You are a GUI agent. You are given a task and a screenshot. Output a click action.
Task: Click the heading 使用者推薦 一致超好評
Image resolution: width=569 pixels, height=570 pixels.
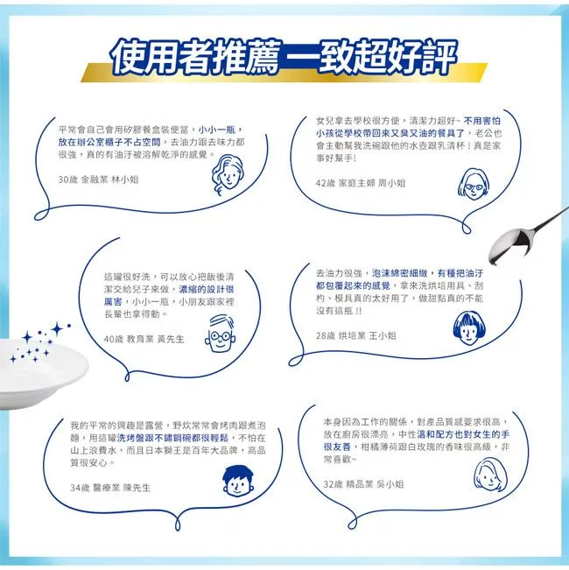(284, 57)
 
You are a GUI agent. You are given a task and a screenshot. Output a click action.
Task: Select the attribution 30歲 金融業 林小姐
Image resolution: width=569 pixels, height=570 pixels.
(98, 179)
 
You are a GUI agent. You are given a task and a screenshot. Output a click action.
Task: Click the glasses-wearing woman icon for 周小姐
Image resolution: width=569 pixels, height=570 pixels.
(473, 184)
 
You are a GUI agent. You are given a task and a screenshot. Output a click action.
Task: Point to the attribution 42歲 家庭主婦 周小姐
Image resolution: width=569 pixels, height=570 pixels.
(361, 183)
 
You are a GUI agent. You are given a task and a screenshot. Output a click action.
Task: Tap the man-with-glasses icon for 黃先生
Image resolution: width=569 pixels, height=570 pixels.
(221, 334)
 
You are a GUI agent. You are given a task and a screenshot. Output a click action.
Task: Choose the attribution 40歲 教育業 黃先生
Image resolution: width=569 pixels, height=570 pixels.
(144, 339)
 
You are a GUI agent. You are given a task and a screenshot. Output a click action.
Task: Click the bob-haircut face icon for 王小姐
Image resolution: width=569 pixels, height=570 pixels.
(468, 327)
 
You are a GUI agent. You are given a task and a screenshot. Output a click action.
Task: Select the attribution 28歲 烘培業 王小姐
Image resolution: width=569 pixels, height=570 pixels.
(355, 335)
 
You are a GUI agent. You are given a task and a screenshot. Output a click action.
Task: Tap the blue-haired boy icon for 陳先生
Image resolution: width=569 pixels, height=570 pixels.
(237, 481)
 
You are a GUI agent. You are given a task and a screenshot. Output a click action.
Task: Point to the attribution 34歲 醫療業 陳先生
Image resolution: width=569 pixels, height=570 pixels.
(110, 488)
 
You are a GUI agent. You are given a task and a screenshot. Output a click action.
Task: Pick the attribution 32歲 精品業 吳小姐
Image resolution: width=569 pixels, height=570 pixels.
(363, 484)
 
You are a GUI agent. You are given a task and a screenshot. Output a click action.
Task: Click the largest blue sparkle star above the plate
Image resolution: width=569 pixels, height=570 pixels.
(57, 328)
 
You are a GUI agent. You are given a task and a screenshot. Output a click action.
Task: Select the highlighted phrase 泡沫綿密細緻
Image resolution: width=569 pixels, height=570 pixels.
(399, 273)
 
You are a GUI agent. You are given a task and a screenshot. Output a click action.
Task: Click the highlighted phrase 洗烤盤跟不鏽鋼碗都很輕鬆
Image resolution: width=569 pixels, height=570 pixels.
(172, 438)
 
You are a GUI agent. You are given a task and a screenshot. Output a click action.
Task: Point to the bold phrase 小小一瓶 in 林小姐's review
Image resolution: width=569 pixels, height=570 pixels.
(216, 130)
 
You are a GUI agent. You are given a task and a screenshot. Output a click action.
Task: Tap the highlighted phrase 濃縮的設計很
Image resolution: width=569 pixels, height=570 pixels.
(206, 289)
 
